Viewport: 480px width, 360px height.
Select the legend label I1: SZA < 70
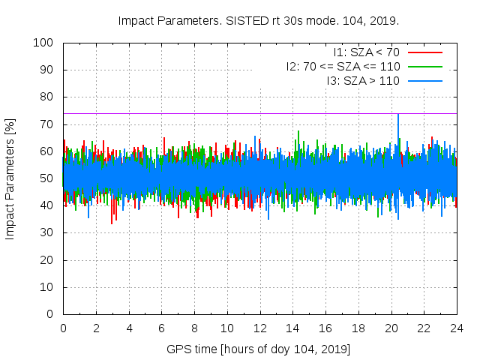[x=367, y=52]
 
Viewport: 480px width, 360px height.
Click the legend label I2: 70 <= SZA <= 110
[x=343, y=66]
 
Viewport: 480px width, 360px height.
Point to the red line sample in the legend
[x=425, y=52]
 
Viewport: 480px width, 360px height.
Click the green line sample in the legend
[x=425, y=66]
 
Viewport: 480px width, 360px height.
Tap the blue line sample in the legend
[x=425, y=80]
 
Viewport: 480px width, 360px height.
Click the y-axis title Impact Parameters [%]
[x=10, y=178]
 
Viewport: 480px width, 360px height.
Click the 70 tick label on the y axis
[x=49, y=124]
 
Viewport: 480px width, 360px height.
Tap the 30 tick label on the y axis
[x=49, y=232]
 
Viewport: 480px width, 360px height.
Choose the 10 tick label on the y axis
[x=49, y=286]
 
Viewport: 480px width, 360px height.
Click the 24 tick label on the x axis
[x=457, y=328]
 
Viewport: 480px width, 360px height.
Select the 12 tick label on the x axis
[x=259, y=328]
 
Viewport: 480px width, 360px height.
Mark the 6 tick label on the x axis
[x=161, y=328]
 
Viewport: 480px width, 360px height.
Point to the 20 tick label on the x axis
[x=391, y=328]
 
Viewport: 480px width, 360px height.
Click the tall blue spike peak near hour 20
[x=397, y=115]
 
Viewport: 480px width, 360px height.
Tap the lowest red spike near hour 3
[x=112, y=223]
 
